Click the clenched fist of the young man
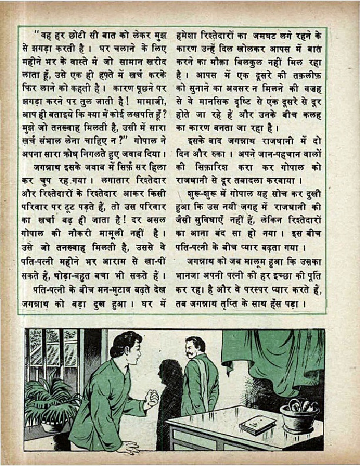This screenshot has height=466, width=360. click(x=152, y=400)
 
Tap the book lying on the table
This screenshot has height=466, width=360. click(x=258, y=424)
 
